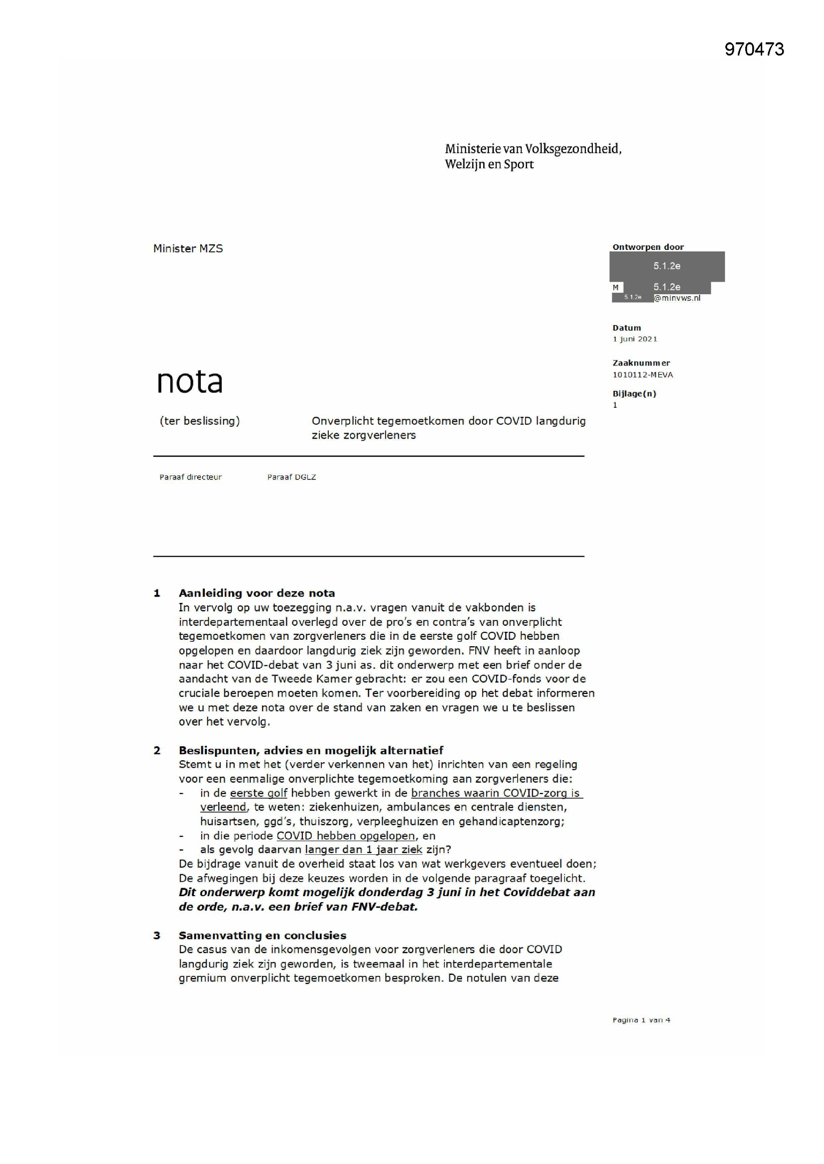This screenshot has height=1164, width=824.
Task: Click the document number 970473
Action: coord(754,49)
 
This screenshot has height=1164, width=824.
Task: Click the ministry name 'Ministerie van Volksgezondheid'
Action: coord(533,148)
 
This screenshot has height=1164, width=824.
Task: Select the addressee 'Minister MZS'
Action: coord(188,248)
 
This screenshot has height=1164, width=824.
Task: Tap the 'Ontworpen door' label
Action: coord(648,247)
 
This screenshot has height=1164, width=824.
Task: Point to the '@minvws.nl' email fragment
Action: coord(677,298)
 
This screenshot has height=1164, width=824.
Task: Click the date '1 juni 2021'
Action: coord(634,339)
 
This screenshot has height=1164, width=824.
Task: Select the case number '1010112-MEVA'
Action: coord(642,375)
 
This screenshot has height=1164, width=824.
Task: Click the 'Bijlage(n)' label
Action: coord(634,393)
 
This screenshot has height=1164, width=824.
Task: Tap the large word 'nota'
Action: coord(189,381)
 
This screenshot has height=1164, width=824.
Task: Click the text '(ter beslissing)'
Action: coord(199,421)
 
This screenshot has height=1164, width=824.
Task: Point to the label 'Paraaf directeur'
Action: coord(190,477)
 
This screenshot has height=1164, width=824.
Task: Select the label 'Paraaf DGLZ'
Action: coord(291,477)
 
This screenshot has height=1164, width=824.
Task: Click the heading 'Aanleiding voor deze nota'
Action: coord(257,593)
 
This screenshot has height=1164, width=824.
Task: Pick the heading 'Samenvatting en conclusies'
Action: coord(263,935)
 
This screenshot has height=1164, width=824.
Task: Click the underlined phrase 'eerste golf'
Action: coord(258,794)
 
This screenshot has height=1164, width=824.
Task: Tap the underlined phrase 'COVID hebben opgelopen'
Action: coord(346,836)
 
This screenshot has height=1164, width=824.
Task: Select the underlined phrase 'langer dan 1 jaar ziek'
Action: coord(363,850)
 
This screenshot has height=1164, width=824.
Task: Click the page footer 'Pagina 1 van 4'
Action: coord(641,1020)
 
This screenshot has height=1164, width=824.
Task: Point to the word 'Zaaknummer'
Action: coord(641,363)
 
